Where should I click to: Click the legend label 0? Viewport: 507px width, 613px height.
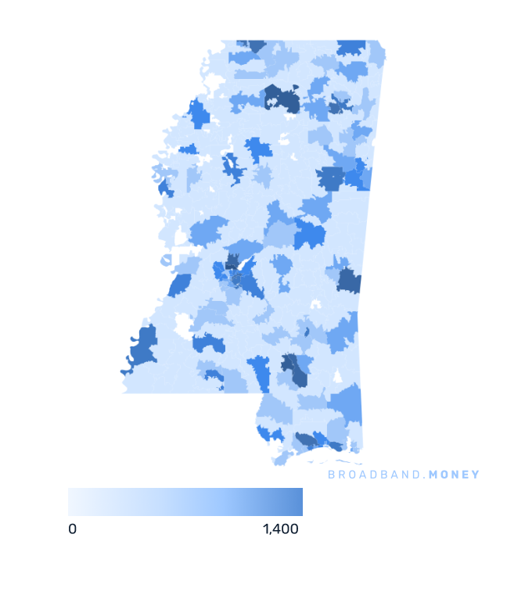pyautogui.click(x=72, y=529)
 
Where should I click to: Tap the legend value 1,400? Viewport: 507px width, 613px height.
pyautogui.click(x=281, y=529)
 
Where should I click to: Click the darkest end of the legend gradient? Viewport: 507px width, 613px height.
pyautogui.click(x=297, y=502)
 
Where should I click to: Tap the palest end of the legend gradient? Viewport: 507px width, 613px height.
pyautogui.click(x=73, y=502)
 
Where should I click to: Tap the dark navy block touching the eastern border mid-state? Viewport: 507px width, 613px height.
pyautogui.click(x=348, y=278)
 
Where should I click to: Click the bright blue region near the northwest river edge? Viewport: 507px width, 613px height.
pyautogui.click(x=200, y=115)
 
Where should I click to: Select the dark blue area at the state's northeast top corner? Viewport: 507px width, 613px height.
pyautogui.click(x=352, y=47)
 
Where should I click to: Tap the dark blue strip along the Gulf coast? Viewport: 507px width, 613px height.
pyautogui.click(x=321, y=442)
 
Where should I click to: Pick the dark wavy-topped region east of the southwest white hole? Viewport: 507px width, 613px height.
pyautogui.click(x=208, y=343)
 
